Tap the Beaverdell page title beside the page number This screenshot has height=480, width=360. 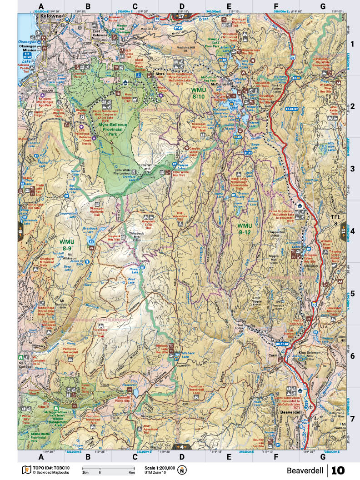[305, 470]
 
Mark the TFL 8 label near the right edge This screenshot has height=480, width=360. [336, 220]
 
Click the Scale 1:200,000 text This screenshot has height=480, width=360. [160, 468]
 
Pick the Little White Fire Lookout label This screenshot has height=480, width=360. [125, 173]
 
